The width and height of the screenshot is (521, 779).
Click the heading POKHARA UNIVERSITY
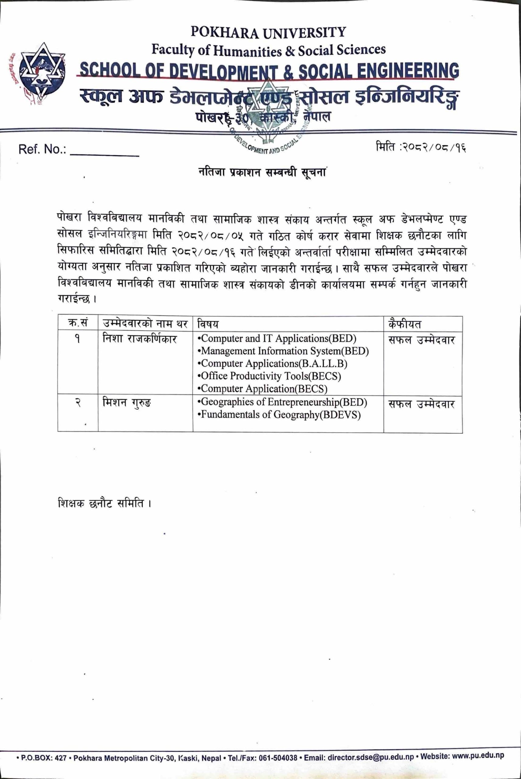click(268, 32)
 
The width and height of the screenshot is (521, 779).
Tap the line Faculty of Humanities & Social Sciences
click(268, 50)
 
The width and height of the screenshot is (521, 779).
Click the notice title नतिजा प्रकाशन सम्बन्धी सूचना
click(261, 173)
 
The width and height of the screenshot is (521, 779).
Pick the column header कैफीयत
click(404, 323)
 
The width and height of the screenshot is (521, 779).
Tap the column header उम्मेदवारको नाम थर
click(145, 323)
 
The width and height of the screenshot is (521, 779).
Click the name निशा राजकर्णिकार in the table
click(140, 339)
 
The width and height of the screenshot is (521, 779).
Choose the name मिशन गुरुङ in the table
click(127, 403)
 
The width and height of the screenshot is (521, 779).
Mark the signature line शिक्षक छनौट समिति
click(104, 503)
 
